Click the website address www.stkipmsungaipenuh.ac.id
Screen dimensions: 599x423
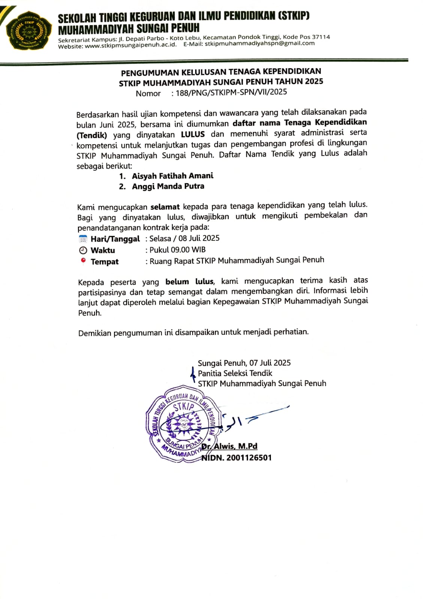[x=131, y=46]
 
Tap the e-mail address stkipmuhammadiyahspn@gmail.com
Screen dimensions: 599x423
[x=260, y=43]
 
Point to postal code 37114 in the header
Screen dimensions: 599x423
[x=321, y=37]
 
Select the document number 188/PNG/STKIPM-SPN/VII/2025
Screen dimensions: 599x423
[x=231, y=92]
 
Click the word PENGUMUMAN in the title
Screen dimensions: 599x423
[x=150, y=73]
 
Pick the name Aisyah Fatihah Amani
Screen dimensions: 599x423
[x=172, y=176]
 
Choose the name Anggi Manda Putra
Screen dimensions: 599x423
[x=168, y=186]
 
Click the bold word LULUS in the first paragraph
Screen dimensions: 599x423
[x=193, y=134]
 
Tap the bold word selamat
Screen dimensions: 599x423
[x=165, y=207]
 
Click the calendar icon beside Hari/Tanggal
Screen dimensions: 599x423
[x=83, y=239]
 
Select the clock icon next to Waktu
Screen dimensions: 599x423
[x=83, y=250]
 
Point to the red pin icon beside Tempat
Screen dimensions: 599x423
[x=83, y=261]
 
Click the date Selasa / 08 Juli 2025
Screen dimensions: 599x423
[x=184, y=238]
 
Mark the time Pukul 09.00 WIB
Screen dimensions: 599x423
[x=178, y=250]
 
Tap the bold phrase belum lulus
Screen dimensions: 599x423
[x=190, y=282]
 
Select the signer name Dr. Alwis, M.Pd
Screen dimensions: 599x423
[x=230, y=446]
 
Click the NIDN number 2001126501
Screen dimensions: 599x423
[x=249, y=457]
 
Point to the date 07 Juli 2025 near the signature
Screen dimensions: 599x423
[x=270, y=363]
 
